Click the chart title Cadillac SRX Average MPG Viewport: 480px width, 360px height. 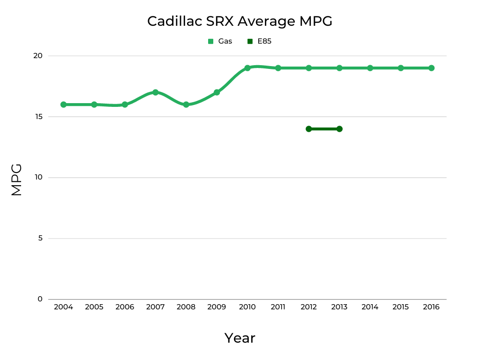pos(240,21)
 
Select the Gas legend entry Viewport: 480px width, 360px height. pos(220,41)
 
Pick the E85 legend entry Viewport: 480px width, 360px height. pos(260,41)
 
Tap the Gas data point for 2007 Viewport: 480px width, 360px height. pos(155,92)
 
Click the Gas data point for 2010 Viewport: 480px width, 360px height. pos(247,68)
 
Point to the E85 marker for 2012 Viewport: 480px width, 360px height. pos(308,129)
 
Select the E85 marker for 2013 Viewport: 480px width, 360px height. pos(339,129)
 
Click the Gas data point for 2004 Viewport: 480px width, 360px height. pos(63,105)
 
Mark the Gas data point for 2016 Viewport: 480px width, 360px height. pos(431,68)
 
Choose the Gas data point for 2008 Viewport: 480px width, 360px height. pos(186,105)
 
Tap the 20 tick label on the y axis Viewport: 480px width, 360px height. pos(37,56)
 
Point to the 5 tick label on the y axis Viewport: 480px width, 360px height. pos(40,238)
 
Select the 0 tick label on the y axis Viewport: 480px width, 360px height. pos(40,299)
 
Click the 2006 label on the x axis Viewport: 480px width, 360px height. pos(125,307)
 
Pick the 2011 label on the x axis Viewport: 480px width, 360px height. pos(278,307)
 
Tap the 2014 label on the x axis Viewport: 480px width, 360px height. pos(370,307)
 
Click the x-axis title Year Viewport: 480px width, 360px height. pos(240,338)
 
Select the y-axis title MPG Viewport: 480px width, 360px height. pos(16,180)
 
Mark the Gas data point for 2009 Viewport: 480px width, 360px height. pos(217,92)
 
